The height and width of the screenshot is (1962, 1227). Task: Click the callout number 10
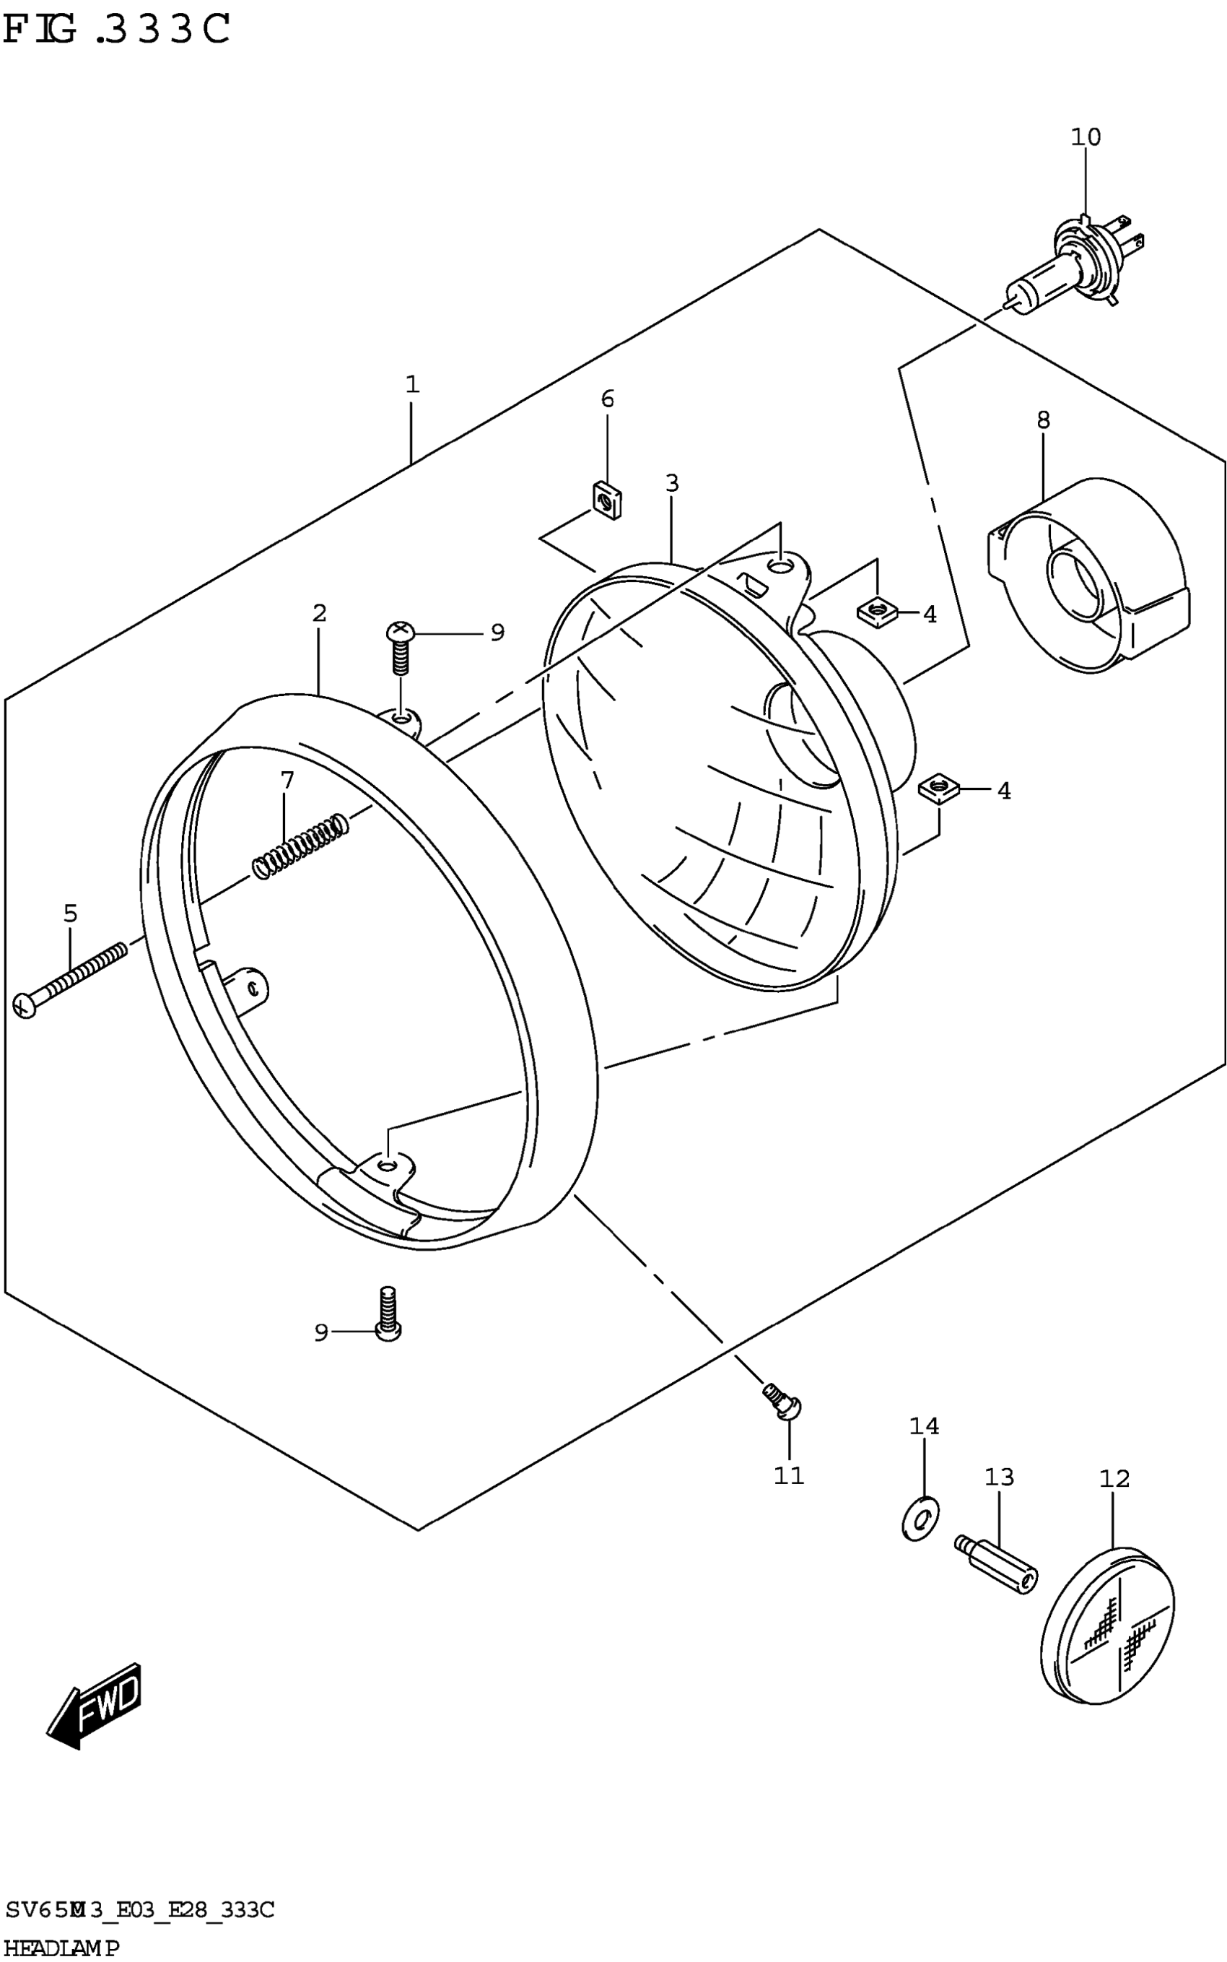pyautogui.click(x=1085, y=137)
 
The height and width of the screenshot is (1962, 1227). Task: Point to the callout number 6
pyautogui.click(x=608, y=399)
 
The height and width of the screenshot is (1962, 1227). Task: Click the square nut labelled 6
pyautogui.click(x=606, y=501)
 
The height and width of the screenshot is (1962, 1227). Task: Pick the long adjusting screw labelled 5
pyautogui.click(x=71, y=976)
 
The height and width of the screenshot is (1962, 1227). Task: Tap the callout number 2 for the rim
pyautogui.click(x=319, y=613)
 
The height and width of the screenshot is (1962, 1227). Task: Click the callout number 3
pyautogui.click(x=672, y=483)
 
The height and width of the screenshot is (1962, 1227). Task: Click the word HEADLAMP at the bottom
pyautogui.click(x=61, y=1948)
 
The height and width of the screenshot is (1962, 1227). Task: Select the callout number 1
pyautogui.click(x=412, y=384)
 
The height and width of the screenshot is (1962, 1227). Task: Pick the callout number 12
pyautogui.click(x=1114, y=1478)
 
